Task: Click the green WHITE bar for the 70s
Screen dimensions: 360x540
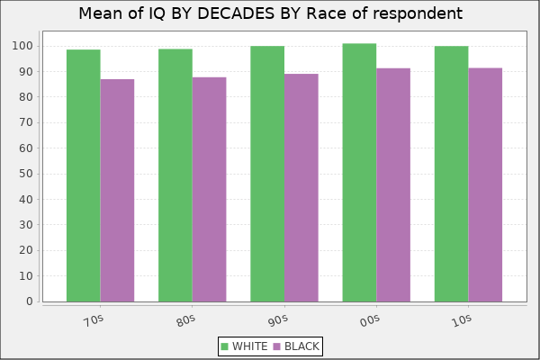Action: tap(83, 175)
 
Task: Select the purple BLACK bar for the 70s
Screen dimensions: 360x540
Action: tap(117, 190)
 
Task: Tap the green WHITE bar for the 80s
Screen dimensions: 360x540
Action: tap(175, 175)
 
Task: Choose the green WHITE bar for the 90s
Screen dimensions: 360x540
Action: tap(266, 174)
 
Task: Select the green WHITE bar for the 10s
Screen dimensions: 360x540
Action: tap(451, 174)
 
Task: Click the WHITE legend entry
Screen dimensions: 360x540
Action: tap(243, 346)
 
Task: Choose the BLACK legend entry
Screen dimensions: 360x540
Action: tap(296, 346)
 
